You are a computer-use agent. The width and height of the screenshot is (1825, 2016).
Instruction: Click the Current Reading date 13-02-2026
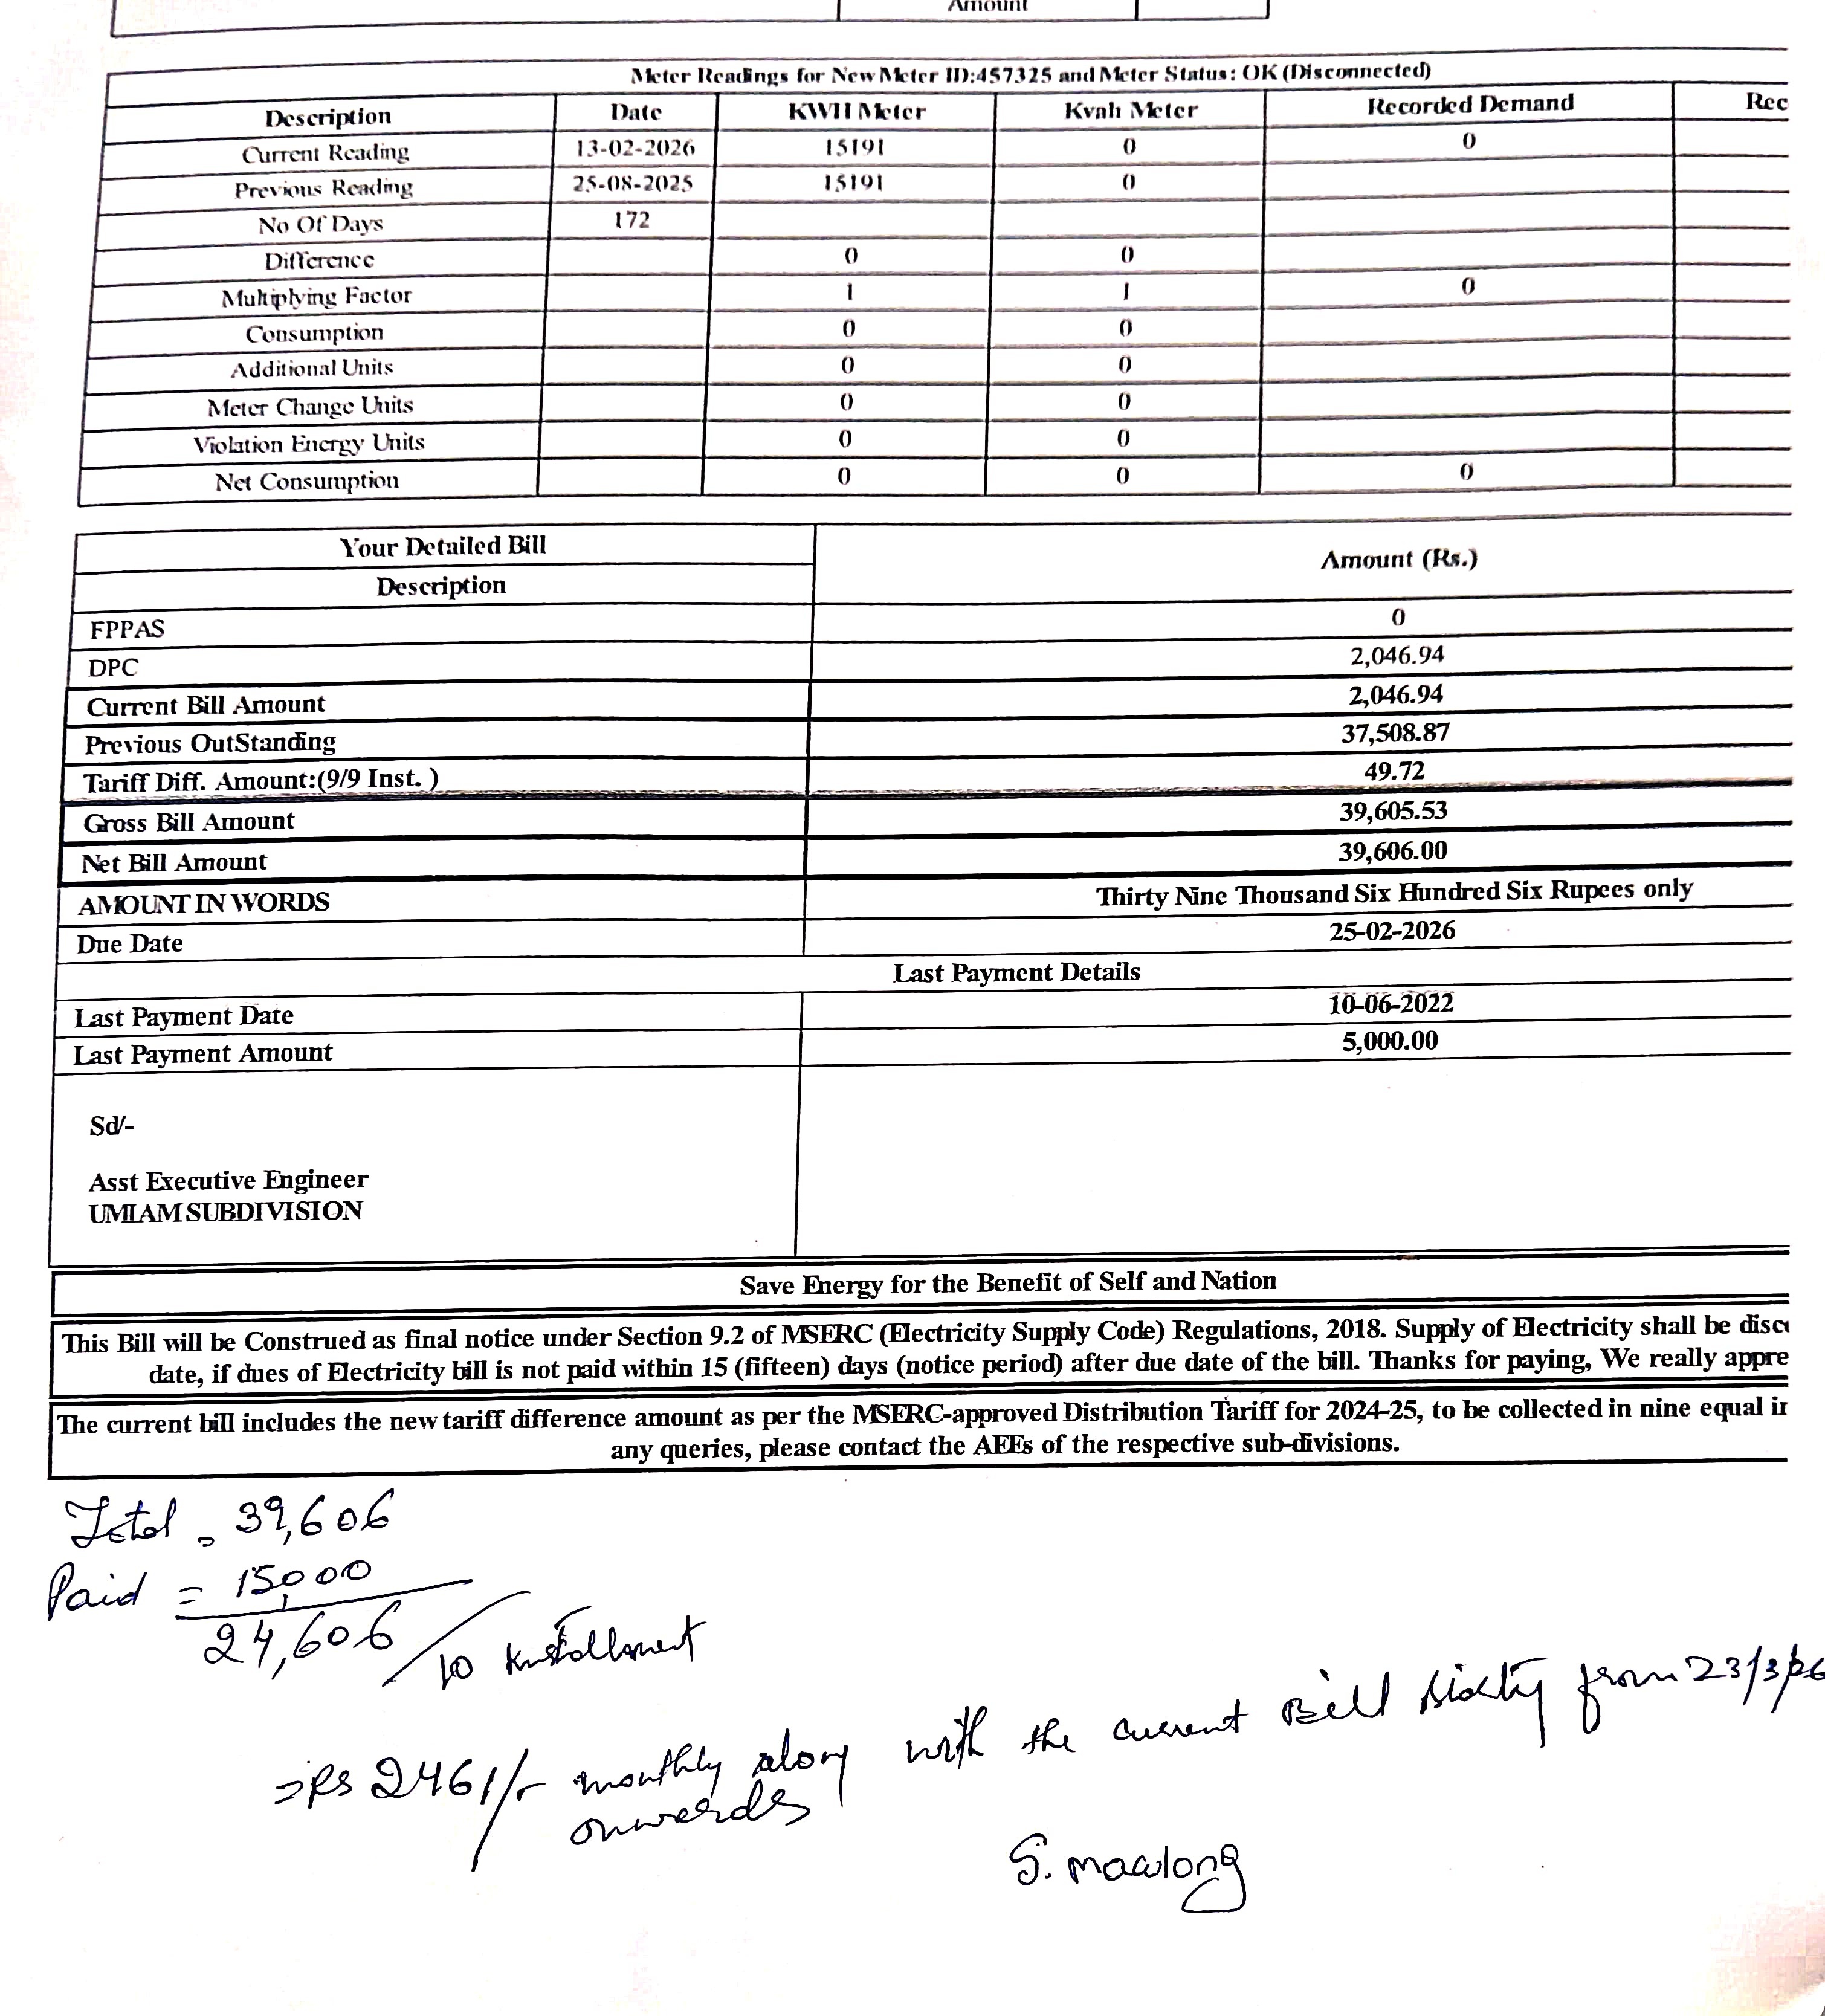[x=634, y=148]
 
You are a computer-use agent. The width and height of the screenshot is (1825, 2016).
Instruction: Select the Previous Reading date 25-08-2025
[x=632, y=184]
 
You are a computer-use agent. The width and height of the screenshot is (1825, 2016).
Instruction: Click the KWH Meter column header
[x=856, y=111]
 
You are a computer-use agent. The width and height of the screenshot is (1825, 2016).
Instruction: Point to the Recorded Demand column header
[x=1469, y=104]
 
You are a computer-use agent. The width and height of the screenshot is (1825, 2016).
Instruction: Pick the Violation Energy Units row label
[x=309, y=443]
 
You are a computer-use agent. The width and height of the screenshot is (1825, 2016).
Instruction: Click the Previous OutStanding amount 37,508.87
[x=1394, y=733]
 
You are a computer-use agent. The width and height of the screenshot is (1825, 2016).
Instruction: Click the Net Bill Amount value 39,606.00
[x=1392, y=851]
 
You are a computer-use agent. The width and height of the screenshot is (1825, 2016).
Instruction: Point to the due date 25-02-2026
[x=1391, y=931]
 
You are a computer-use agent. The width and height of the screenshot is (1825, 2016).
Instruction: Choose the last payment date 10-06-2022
[x=1390, y=1003]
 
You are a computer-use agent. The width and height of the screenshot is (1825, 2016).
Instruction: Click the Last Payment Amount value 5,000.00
[x=1389, y=1041]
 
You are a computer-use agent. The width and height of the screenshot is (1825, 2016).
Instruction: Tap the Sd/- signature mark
[x=111, y=1126]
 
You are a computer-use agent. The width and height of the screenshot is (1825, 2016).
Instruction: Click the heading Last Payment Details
[x=1016, y=972]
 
